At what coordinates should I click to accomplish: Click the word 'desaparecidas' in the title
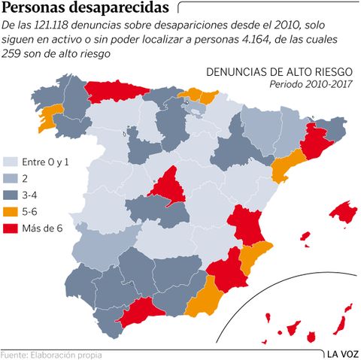point(117,9)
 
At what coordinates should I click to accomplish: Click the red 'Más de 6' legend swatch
point(11,228)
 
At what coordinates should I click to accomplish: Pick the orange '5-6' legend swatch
point(11,212)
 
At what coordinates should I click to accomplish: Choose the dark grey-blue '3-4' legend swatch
point(11,195)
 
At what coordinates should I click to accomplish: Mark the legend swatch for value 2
point(11,179)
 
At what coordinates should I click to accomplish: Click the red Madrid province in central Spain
point(167,187)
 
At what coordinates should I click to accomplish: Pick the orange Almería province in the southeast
point(202,301)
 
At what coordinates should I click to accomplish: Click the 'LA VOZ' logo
point(341,353)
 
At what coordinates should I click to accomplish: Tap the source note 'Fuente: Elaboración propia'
point(50,354)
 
